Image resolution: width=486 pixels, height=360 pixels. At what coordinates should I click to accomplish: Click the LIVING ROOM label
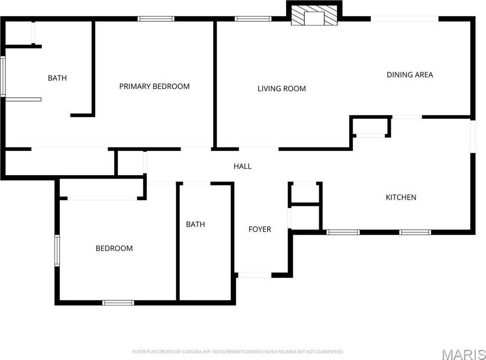pyautogui.click(x=282, y=89)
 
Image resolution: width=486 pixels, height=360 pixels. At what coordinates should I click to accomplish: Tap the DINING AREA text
pyautogui.click(x=410, y=74)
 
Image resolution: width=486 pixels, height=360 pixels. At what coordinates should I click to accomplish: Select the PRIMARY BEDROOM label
pyautogui.click(x=154, y=86)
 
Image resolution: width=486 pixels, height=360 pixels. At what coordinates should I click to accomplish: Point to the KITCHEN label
pyautogui.click(x=401, y=197)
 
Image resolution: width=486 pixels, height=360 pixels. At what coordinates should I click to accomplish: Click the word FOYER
pyautogui.click(x=260, y=229)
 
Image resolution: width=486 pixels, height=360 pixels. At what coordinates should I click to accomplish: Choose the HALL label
pyautogui.click(x=242, y=166)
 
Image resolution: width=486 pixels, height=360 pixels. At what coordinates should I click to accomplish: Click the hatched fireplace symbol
pyautogui.click(x=314, y=18)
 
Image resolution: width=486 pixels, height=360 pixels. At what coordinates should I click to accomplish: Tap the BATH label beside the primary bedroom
pyautogui.click(x=57, y=78)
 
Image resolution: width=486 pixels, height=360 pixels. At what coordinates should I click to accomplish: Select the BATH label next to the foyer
pyautogui.click(x=195, y=224)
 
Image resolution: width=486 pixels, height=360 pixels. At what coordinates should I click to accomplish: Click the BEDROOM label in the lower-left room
pyautogui.click(x=114, y=249)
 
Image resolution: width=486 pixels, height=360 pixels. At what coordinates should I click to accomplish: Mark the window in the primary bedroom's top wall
pyautogui.click(x=156, y=19)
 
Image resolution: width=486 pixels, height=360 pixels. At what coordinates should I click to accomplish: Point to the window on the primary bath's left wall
pyautogui.click(x=3, y=76)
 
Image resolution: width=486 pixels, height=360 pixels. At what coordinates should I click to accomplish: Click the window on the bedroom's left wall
pyautogui.click(x=57, y=251)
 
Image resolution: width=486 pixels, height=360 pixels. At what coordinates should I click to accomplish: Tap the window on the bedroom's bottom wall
pyautogui.click(x=118, y=303)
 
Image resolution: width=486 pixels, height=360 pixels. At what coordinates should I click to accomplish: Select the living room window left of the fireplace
pyautogui.click(x=253, y=19)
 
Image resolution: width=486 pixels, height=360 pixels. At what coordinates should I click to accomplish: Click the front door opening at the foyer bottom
pyautogui.click(x=255, y=275)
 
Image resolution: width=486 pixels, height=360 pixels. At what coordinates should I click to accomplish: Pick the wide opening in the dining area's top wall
pyautogui.click(x=405, y=19)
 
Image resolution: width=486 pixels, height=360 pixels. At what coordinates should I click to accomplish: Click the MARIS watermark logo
pyautogui.click(x=464, y=354)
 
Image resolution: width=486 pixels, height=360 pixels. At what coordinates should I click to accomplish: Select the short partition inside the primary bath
pyautogui.click(x=23, y=100)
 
